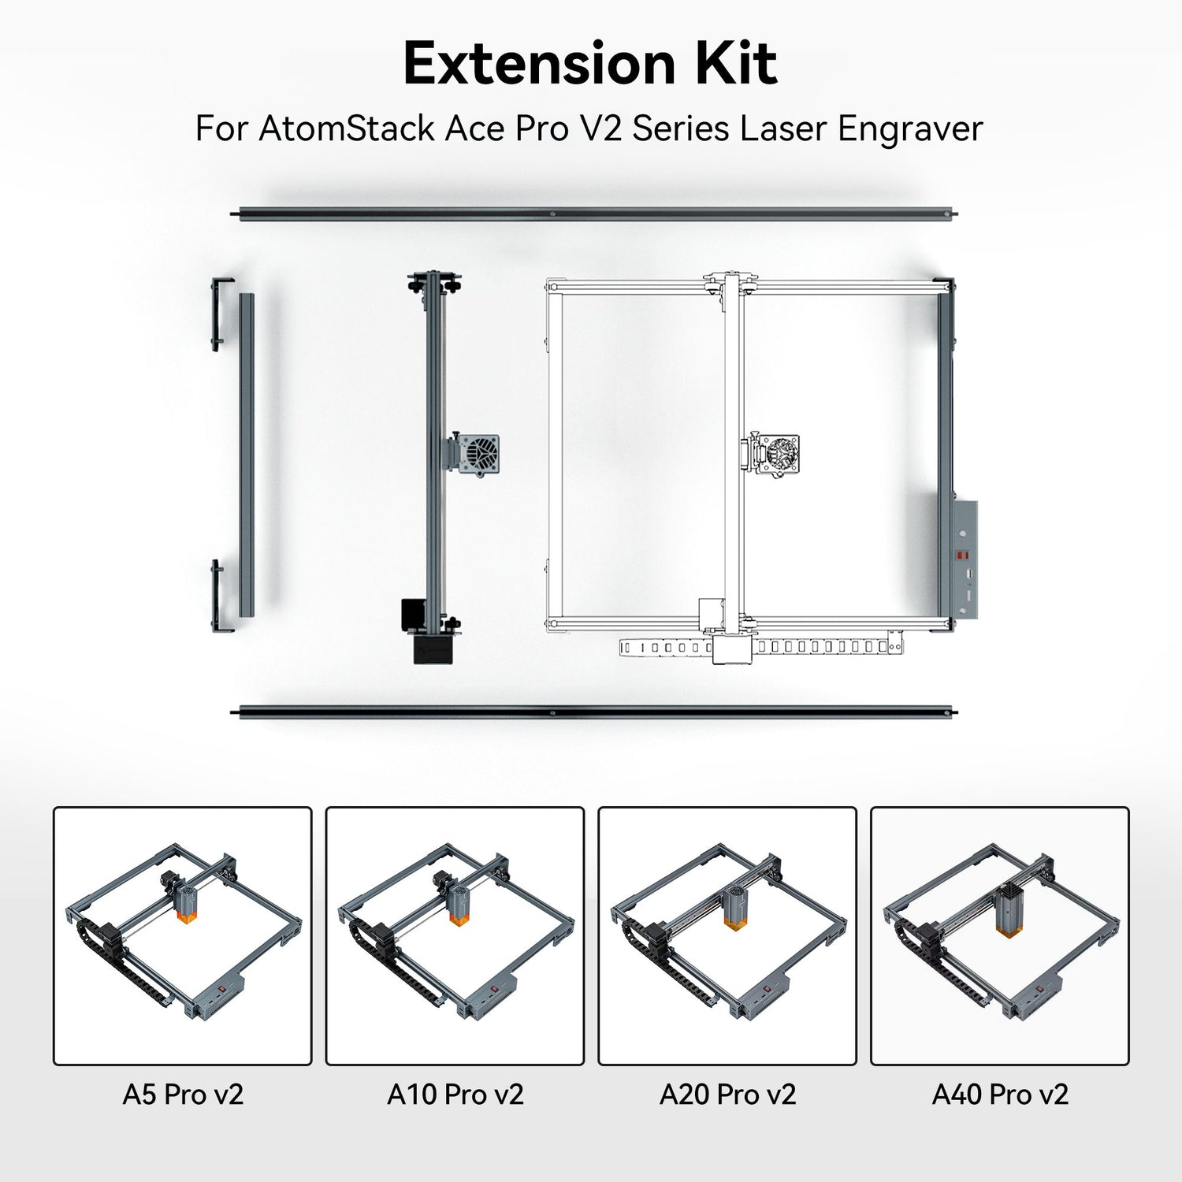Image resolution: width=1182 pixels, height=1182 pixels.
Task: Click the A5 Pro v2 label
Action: click(183, 1095)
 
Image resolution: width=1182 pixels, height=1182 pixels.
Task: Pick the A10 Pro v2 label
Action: click(455, 1095)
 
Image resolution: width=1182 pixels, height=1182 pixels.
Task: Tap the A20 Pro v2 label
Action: click(727, 1095)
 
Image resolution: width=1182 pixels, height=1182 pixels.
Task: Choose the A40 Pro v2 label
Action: click(1000, 1095)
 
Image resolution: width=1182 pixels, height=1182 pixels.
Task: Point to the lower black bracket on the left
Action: click(219, 596)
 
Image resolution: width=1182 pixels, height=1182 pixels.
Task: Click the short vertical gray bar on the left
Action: click(247, 455)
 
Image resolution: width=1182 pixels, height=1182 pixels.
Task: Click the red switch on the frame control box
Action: click(962, 555)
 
